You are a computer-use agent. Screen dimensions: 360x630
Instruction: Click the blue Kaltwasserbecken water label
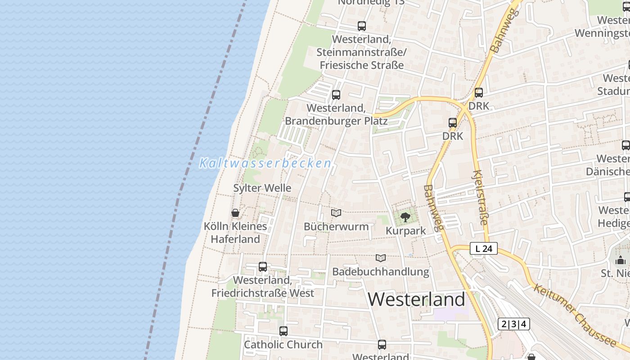(x=265, y=163)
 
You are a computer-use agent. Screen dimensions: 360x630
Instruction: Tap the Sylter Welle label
(x=262, y=188)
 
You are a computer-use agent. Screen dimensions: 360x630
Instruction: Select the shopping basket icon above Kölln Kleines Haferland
(x=235, y=213)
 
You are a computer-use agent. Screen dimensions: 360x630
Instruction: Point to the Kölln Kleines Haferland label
(x=235, y=233)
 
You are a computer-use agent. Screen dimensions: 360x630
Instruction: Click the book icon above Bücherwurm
(x=336, y=213)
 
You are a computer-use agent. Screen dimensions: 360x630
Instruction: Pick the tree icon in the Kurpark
(x=405, y=217)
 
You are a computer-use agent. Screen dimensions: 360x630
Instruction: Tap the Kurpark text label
(x=405, y=231)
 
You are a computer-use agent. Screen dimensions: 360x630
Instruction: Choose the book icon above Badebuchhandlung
(x=381, y=258)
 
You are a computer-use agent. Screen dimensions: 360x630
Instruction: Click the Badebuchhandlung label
(x=381, y=272)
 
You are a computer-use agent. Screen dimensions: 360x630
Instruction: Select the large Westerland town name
(x=417, y=300)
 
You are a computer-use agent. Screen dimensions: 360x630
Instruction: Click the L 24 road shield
(x=484, y=248)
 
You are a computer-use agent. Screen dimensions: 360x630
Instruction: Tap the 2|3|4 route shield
(x=514, y=324)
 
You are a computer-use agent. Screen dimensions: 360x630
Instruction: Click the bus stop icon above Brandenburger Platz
(x=336, y=95)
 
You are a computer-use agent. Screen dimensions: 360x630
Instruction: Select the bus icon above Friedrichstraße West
(x=263, y=267)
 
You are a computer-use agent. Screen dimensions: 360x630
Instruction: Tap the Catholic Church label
(x=283, y=345)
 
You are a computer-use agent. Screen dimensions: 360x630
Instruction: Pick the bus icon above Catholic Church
(x=283, y=331)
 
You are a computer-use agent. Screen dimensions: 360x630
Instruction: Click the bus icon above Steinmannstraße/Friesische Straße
(x=361, y=26)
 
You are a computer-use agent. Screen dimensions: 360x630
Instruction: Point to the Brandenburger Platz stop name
(x=336, y=115)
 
